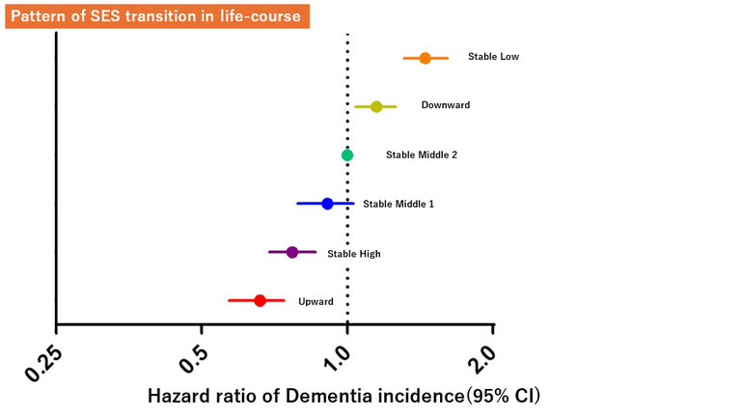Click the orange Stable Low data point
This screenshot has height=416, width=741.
[425, 58]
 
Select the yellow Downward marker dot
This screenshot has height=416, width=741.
[376, 106]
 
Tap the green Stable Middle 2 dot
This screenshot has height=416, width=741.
[347, 154]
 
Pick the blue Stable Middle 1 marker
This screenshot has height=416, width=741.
[327, 204]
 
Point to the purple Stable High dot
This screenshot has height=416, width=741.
[292, 253]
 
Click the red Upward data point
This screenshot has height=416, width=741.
[260, 301]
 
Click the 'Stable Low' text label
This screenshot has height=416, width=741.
[493, 57]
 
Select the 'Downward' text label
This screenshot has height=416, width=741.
[446, 105]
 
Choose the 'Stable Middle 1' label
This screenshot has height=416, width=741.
[398, 205]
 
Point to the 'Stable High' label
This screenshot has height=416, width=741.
[353, 254]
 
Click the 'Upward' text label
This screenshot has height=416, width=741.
[316, 302]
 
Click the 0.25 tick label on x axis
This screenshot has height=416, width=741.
[44, 361]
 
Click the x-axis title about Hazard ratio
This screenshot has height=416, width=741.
[343, 396]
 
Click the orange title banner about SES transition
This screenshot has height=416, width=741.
[157, 16]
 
